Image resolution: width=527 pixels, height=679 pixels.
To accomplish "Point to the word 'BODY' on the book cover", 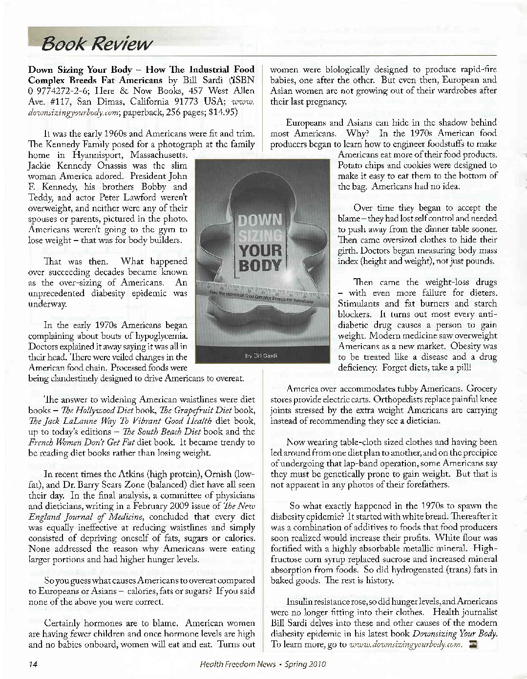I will click(x=260, y=266).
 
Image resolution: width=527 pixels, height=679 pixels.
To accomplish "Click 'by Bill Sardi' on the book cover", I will click(x=260, y=355).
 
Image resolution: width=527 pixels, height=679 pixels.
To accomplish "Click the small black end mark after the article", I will click(x=472, y=644).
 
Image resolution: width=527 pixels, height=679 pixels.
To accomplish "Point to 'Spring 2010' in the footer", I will click(x=305, y=664).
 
